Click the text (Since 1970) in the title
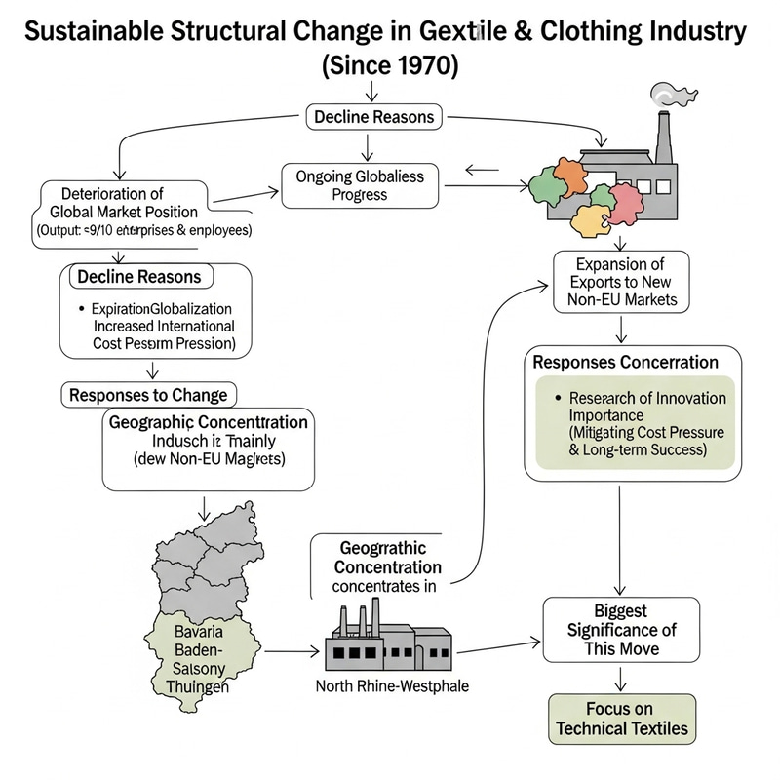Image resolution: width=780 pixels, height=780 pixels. click(389, 68)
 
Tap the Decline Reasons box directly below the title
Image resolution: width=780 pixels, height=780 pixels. click(374, 117)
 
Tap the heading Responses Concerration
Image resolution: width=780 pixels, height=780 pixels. click(625, 362)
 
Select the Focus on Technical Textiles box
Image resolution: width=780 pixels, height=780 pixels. click(621, 719)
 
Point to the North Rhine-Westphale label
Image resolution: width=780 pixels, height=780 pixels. click(393, 686)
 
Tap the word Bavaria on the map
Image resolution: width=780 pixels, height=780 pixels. click(200, 632)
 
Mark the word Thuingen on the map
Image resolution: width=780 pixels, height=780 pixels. click(200, 686)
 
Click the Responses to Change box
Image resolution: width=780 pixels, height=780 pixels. click(148, 395)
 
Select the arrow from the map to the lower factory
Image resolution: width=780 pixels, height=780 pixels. click(292, 650)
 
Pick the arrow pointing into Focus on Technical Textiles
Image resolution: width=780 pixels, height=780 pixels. click(621, 679)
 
